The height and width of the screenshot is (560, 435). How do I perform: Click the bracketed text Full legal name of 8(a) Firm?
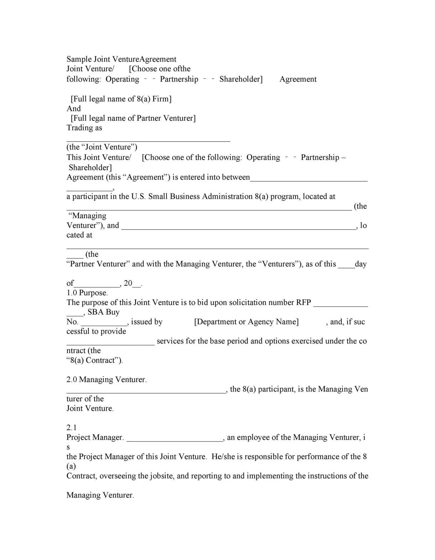point(121,99)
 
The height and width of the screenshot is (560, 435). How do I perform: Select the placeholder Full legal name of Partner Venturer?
point(133,118)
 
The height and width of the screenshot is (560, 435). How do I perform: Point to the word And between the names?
point(73,108)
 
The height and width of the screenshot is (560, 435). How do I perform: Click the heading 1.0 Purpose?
point(87,293)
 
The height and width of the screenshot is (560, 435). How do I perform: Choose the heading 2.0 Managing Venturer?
point(106,379)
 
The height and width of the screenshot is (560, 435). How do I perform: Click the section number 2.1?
point(71,427)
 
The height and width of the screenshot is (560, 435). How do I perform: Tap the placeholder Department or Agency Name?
point(246,322)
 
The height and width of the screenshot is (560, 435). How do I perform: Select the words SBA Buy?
point(103,312)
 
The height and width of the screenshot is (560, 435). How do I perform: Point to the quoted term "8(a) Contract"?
point(94,360)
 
